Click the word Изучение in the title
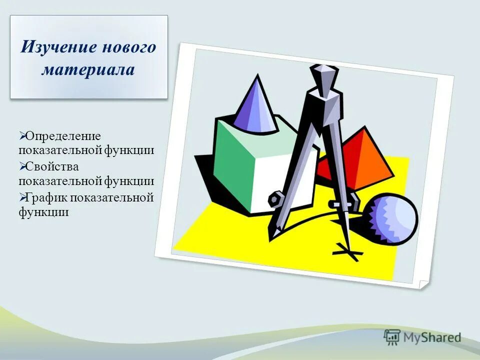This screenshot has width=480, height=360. [59, 48]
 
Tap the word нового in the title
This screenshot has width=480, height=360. [129, 48]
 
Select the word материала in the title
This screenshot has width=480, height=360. [88, 69]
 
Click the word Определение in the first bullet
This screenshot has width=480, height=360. [63, 136]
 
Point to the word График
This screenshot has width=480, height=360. [47, 197]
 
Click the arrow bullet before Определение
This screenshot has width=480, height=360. [22, 135]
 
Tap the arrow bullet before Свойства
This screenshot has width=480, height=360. [22, 166]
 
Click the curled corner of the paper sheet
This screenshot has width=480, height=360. [423, 283]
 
